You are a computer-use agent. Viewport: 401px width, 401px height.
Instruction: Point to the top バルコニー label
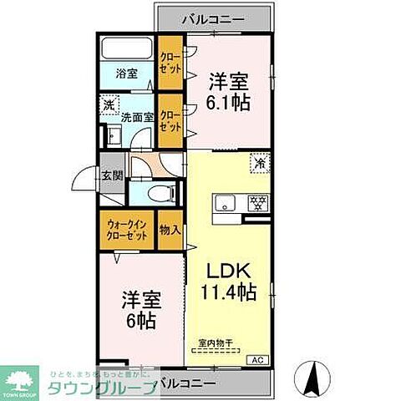coord(213,16)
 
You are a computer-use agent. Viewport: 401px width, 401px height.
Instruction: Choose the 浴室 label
coord(126,71)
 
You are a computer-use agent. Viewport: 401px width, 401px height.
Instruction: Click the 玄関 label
coord(112,175)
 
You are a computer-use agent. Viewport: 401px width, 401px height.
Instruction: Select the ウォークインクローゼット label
coord(127,229)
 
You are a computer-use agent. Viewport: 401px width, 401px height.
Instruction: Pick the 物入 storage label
coord(170,229)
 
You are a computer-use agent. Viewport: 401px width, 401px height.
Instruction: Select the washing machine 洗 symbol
coord(109,106)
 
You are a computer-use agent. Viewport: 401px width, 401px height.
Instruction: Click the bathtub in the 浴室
coord(126,48)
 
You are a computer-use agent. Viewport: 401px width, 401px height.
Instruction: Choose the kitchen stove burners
coord(257,203)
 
